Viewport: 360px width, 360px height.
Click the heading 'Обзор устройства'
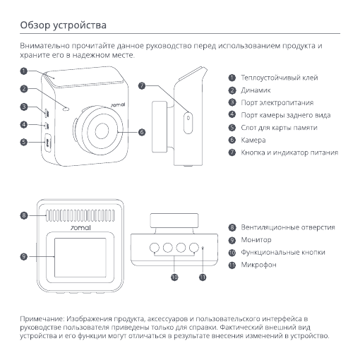(x=63, y=25)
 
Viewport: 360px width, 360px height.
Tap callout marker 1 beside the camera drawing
(x=24, y=71)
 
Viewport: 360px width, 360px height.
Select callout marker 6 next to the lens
(x=142, y=132)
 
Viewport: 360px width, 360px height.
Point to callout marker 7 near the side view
(x=142, y=85)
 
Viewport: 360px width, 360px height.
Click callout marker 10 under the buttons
(x=174, y=277)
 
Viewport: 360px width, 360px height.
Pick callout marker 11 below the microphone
(x=203, y=277)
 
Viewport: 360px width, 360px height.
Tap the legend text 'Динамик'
(x=256, y=90)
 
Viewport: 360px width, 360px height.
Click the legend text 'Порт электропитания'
(x=277, y=103)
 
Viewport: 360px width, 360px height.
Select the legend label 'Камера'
(x=253, y=140)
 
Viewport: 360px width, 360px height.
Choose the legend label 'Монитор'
(x=256, y=240)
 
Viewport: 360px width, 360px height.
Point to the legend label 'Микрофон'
(x=258, y=265)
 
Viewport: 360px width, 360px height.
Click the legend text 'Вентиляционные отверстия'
(x=288, y=227)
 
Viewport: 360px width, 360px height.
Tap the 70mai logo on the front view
(x=118, y=104)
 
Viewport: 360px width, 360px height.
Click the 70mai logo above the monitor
(x=80, y=228)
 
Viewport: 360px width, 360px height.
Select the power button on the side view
(x=188, y=123)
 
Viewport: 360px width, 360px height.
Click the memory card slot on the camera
(x=48, y=143)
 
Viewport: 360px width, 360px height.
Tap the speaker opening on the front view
(x=66, y=109)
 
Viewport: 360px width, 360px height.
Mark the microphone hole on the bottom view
(x=203, y=247)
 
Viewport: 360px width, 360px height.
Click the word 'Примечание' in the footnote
(x=42, y=319)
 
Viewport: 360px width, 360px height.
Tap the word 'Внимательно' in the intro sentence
(x=44, y=46)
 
